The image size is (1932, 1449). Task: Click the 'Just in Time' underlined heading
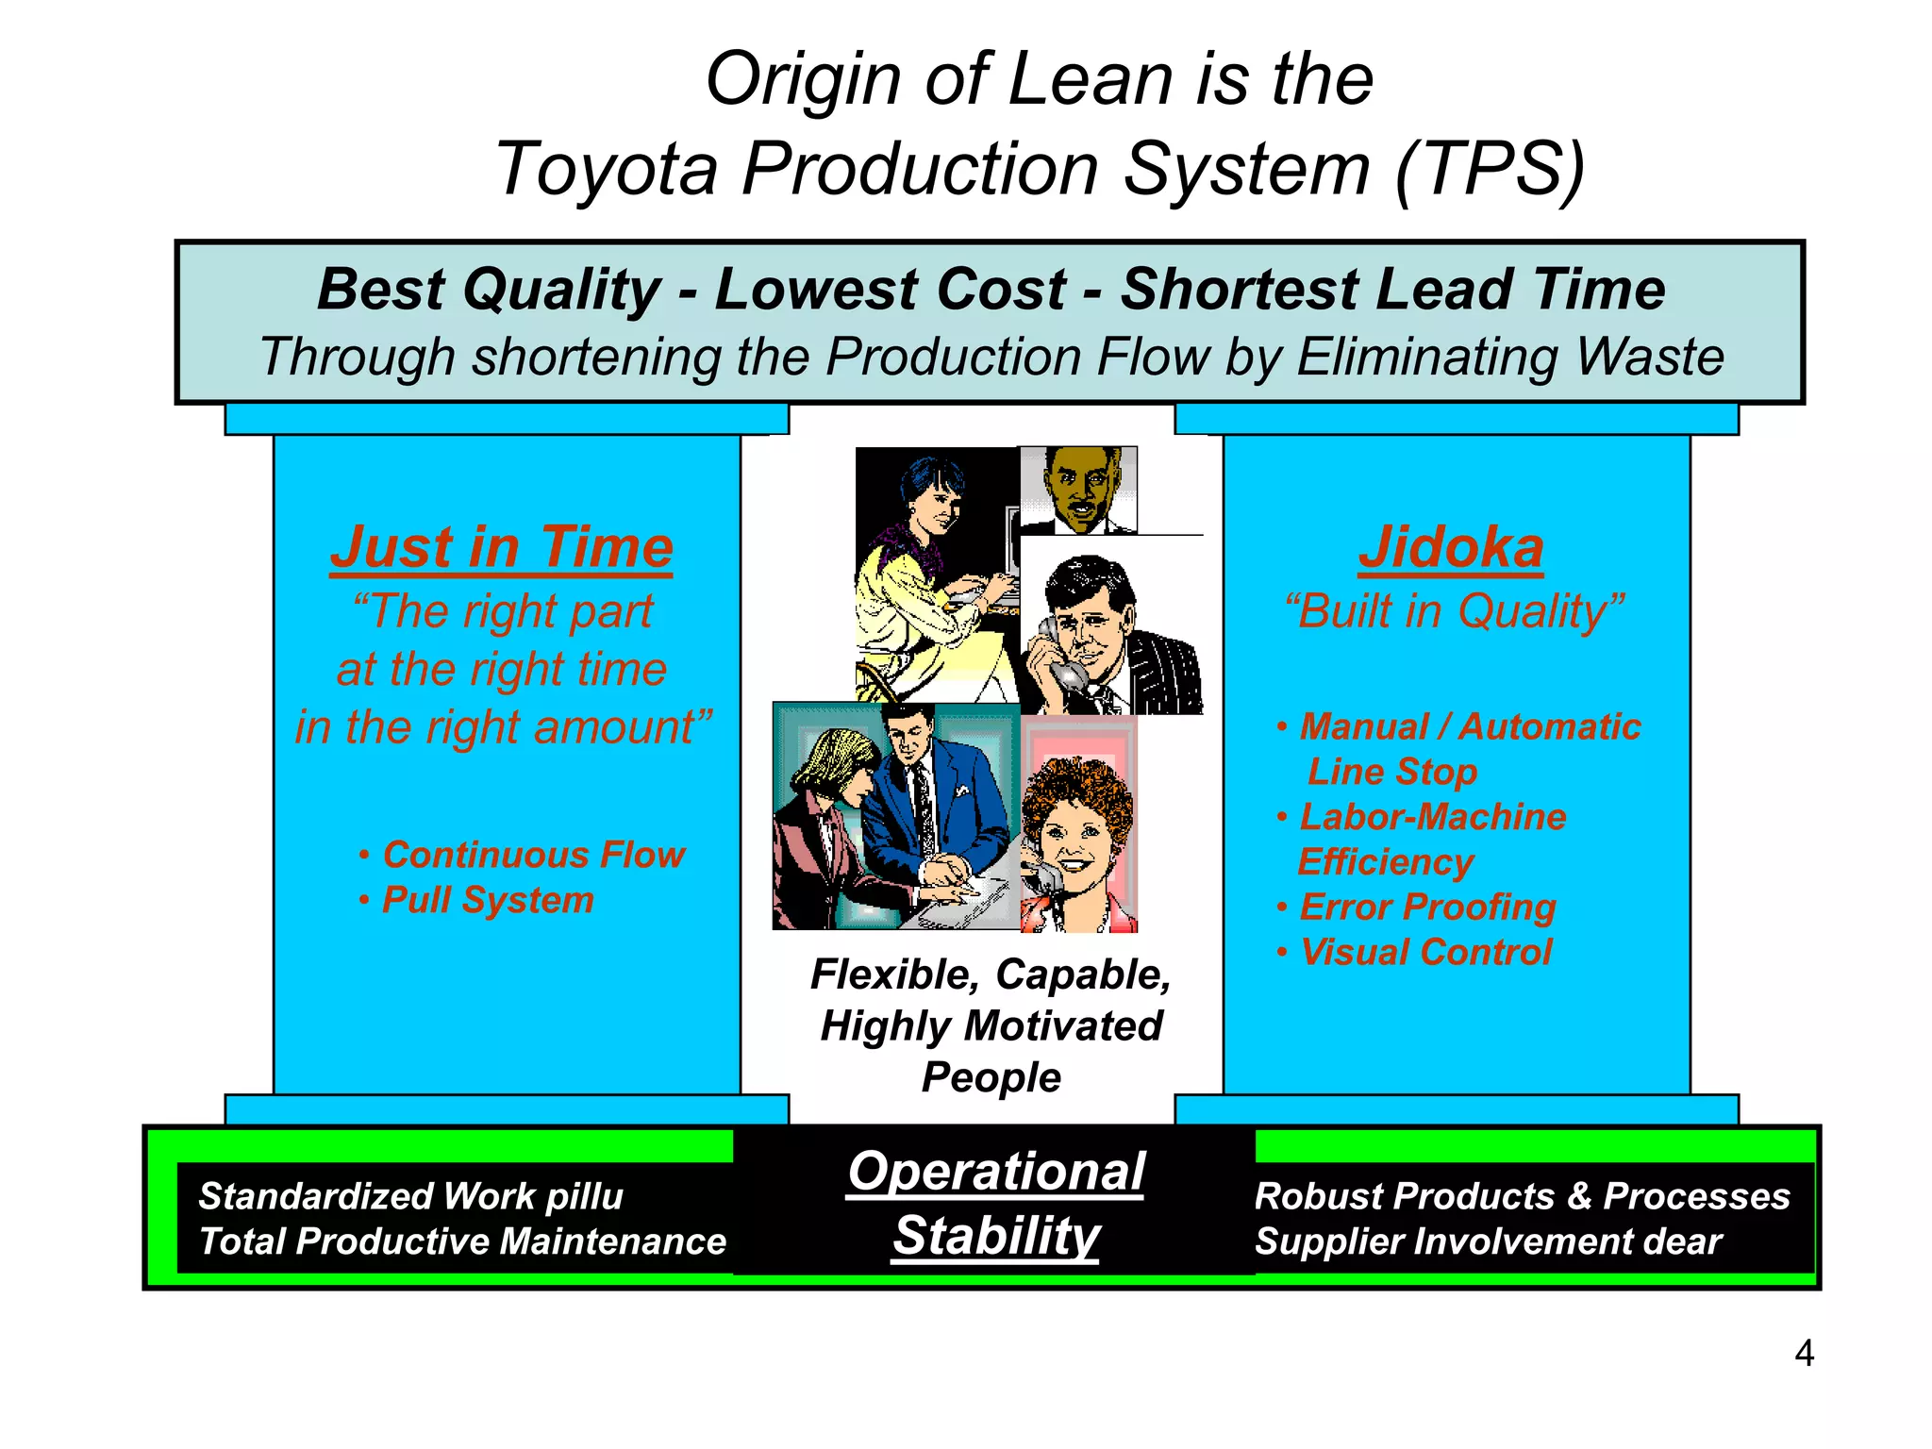click(x=501, y=547)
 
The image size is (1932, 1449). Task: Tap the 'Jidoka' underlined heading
click(x=1451, y=547)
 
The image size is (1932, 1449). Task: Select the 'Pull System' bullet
click(x=487, y=900)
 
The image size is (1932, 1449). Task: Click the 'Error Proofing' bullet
click(x=1427, y=908)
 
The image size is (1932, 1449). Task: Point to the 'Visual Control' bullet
click(x=1425, y=953)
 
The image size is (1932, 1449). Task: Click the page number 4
click(x=1804, y=1354)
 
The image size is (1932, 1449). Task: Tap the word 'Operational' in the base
click(x=995, y=1172)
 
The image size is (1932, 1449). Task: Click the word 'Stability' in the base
click(x=996, y=1236)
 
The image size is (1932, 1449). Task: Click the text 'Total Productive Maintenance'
click(x=462, y=1241)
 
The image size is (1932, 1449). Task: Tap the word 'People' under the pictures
click(x=991, y=1077)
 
